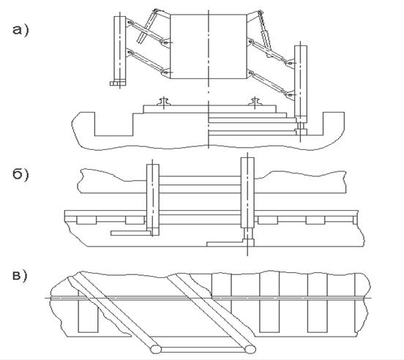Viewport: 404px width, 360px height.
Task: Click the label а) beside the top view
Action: (x=20, y=30)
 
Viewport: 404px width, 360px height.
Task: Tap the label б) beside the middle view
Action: (x=20, y=174)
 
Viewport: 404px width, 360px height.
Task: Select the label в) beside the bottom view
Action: (x=20, y=275)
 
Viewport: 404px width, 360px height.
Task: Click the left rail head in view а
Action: (x=164, y=102)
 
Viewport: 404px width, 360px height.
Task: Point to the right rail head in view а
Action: (x=255, y=102)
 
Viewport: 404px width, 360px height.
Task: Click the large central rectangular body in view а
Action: (x=209, y=46)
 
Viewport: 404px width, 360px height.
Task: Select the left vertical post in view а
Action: (x=120, y=49)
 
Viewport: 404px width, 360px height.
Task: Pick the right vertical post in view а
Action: (x=301, y=80)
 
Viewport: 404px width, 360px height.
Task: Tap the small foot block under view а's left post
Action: (x=118, y=83)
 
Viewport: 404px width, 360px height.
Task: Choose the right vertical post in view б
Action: (x=247, y=192)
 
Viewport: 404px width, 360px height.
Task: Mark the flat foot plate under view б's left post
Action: (x=131, y=233)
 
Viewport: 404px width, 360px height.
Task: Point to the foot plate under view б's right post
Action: (x=231, y=243)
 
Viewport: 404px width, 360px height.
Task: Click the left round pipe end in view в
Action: (x=156, y=350)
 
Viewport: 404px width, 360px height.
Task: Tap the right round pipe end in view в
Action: (x=250, y=349)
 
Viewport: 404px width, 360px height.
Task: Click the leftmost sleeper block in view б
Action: (x=86, y=220)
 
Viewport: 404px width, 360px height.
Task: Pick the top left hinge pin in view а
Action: (x=155, y=11)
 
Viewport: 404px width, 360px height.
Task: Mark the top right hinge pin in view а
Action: (x=260, y=12)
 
